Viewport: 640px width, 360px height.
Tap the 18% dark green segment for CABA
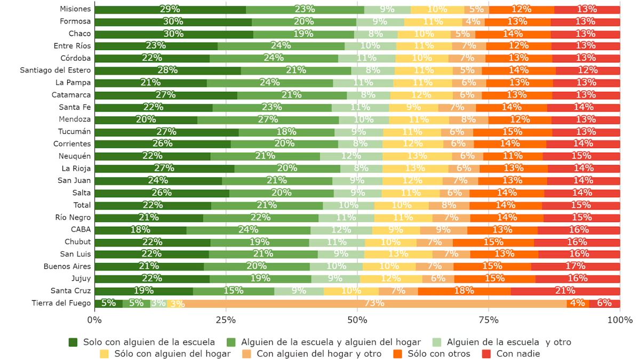(x=140, y=230)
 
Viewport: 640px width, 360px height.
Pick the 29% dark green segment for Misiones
(x=170, y=10)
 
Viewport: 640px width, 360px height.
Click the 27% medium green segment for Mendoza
(x=268, y=119)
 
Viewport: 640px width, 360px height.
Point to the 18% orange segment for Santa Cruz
(x=464, y=291)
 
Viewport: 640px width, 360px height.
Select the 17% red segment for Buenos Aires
(x=575, y=267)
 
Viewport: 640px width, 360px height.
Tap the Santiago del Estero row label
(x=55, y=70)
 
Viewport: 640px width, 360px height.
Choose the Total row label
(x=82, y=205)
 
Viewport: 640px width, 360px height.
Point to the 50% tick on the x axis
(x=357, y=320)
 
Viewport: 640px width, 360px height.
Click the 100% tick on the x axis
(x=620, y=320)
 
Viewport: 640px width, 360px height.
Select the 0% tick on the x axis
(x=94, y=320)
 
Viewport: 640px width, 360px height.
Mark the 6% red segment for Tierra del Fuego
(x=604, y=303)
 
